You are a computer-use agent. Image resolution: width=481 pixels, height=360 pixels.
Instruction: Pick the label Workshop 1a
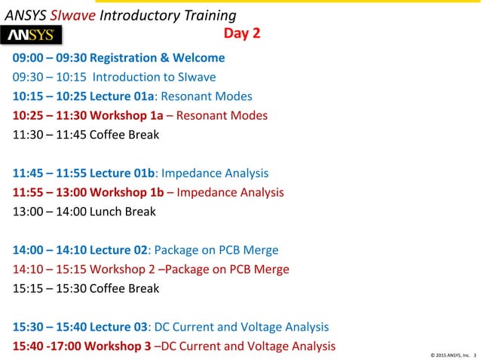pyautogui.click(x=131, y=116)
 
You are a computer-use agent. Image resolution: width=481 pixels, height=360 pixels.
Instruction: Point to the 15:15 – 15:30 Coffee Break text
pyautogui.click(x=86, y=288)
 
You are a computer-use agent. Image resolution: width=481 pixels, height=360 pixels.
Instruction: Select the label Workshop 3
pyautogui.click(x=118, y=346)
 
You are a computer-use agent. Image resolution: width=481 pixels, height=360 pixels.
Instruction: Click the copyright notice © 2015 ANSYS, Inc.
pyautogui.click(x=449, y=353)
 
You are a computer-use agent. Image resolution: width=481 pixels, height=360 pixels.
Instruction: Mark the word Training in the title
pyautogui.click(x=209, y=15)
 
